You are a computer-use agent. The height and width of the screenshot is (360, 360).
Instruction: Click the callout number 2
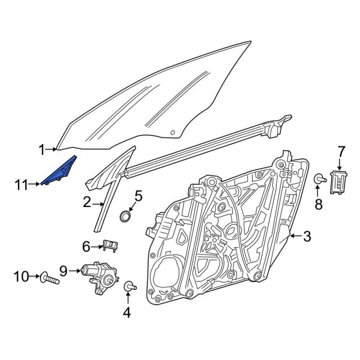pos(87,203)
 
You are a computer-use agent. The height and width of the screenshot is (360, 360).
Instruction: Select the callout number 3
pos(307,238)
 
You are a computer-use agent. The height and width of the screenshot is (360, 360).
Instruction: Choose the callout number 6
pos(86,245)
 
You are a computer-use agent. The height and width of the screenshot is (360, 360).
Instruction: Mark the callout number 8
pos(319,204)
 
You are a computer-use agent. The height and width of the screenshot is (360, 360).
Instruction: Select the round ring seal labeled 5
pos(127,216)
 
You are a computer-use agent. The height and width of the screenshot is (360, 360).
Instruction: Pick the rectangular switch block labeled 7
pos(340,179)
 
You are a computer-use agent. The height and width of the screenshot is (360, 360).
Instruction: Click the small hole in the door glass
pos(173,131)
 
